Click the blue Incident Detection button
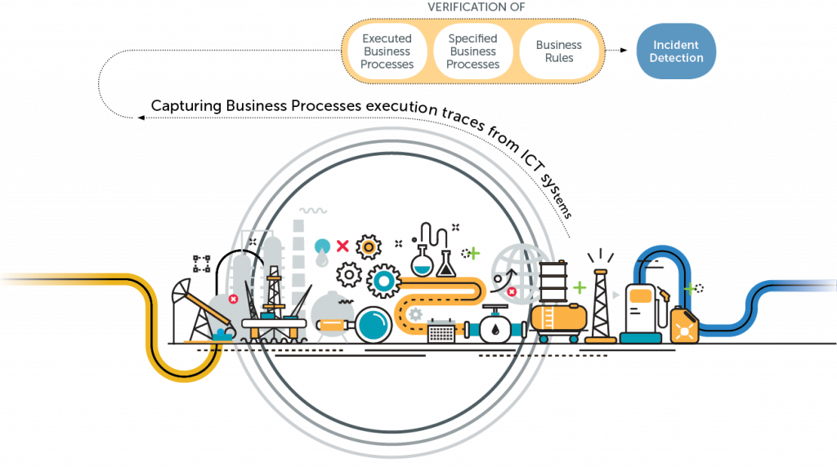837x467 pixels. coord(677,51)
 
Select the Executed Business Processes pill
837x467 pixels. coord(387,51)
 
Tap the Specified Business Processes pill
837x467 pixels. coord(473,51)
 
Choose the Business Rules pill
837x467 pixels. coord(559,51)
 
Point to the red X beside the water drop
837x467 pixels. coord(342,245)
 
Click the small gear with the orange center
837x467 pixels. coord(369,246)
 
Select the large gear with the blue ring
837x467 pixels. coord(383,281)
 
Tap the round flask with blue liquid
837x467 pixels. coord(422,263)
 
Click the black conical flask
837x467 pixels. coord(446,264)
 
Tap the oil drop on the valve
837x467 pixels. coord(495,329)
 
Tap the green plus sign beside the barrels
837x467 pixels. coord(580,287)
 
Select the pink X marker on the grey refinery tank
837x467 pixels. coord(233,300)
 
